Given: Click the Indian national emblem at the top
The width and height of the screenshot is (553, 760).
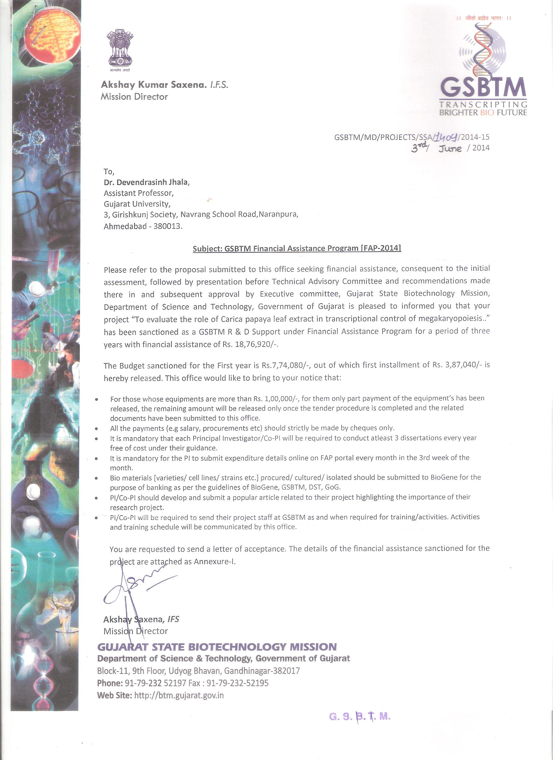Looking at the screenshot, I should [120, 48].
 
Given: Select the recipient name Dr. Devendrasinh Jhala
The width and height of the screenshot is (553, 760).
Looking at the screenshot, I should [147, 182].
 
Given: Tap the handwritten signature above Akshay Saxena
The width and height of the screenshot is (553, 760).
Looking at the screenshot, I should [138, 588].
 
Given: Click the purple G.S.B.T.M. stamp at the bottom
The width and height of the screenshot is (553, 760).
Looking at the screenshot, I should [360, 716].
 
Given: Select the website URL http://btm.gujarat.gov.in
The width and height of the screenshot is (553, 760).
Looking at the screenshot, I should [179, 695].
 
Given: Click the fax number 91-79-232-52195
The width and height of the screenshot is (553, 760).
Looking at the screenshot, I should [237, 683].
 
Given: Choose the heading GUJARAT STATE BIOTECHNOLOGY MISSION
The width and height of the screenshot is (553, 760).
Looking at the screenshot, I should [217, 647].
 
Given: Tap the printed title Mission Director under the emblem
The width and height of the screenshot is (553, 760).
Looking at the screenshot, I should [134, 97].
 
